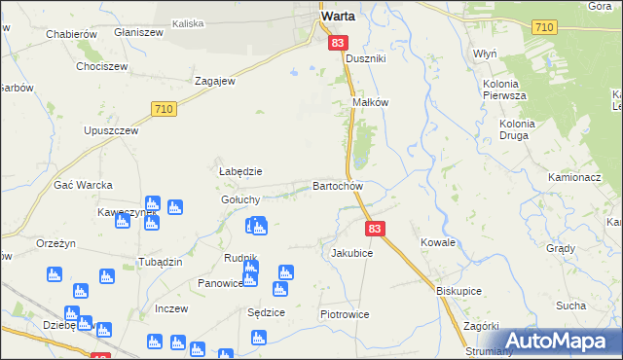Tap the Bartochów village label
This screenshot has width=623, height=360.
338,186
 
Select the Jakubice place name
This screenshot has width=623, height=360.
351,252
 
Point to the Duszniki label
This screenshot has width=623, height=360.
367,58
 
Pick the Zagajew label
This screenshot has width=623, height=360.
215,82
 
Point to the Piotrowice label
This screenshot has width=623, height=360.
347,315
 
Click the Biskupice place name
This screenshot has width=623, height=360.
459,290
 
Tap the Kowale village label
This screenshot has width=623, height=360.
438,241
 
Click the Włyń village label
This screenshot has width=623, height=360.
485,54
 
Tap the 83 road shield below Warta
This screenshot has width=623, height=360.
338,43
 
